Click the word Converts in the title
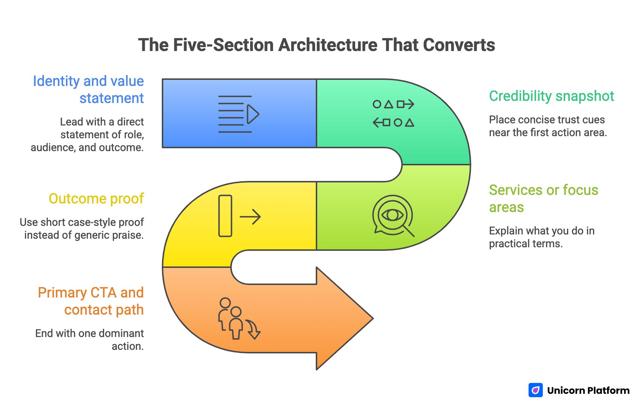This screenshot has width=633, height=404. click(x=459, y=45)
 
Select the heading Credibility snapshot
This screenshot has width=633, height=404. click(x=551, y=96)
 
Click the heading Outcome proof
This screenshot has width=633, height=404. click(x=96, y=199)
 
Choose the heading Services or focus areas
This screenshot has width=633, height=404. click(x=543, y=198)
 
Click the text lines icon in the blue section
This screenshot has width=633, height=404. click(x=238, y=114)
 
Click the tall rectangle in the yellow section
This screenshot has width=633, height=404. click(x=225, y=216)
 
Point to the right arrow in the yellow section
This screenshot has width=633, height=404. click(x=250, y=217)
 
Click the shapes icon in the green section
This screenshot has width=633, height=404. click(x=393, y=113)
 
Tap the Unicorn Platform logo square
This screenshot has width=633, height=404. click(x=535, y=390)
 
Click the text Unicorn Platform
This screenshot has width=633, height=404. click(x=588, y=391)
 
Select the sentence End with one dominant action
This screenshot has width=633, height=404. click(x=90, y=339)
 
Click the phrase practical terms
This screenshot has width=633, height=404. click(x=525, y=244)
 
